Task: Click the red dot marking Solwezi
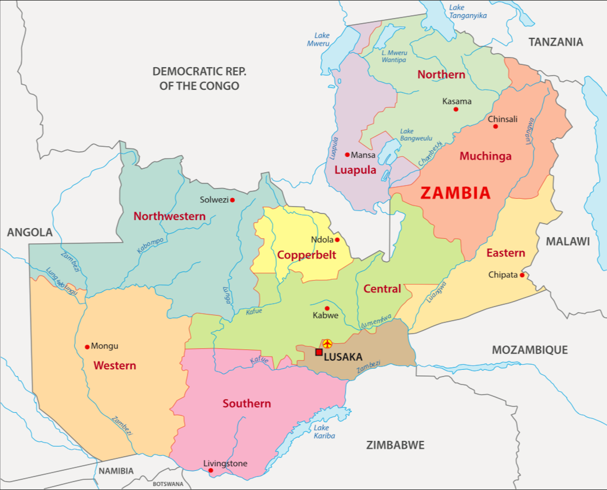(232, 200)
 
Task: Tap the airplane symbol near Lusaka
(327, 344)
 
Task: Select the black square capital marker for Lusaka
(319, 352)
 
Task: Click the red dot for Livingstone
(211, 471)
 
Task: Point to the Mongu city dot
(87, 347)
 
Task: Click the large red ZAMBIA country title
(455, 193)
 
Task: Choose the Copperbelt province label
(307, 255)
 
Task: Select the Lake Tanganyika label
(467, 12)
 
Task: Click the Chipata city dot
(522, 275)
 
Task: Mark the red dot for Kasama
(456, 109)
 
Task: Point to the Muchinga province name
(485, 156)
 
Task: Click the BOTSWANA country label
(168, 484)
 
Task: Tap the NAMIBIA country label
(116, 471)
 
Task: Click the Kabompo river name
(150, 245)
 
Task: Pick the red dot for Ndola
(337, 240)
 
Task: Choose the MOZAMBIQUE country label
(530, 350)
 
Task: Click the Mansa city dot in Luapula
(348, 155)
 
